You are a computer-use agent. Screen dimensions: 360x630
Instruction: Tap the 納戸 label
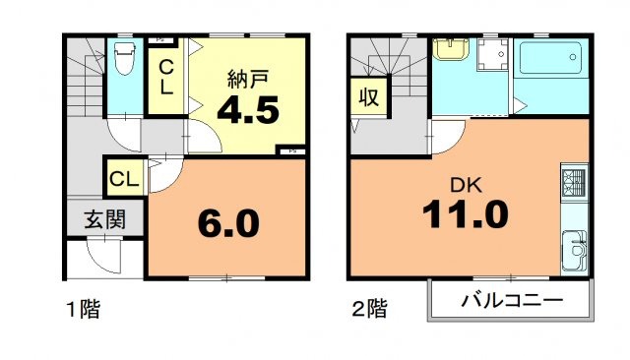pos(246,77)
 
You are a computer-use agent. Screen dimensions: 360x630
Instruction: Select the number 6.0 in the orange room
pos(226,223)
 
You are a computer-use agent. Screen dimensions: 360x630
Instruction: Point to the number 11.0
pos(466,213)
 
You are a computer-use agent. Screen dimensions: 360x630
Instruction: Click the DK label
pos(465,183)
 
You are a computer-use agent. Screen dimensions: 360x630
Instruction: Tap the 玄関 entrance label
pos(103,219)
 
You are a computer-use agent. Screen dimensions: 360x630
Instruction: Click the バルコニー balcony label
pos(511,300)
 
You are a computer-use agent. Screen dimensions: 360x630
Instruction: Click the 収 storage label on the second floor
pos(368,97)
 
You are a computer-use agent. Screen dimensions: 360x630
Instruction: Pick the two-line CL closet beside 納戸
pos(167,76)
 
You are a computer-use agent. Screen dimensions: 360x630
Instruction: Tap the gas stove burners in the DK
pos(573,182)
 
